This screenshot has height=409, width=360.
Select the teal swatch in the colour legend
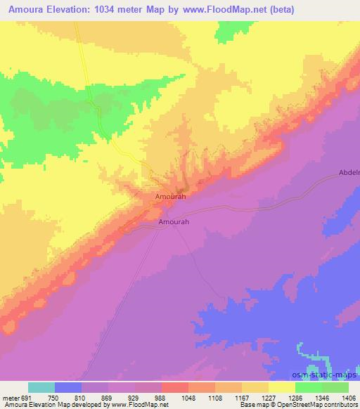(41, 388)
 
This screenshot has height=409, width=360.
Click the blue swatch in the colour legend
(68, 388)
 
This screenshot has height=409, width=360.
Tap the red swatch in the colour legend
(174, 388)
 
